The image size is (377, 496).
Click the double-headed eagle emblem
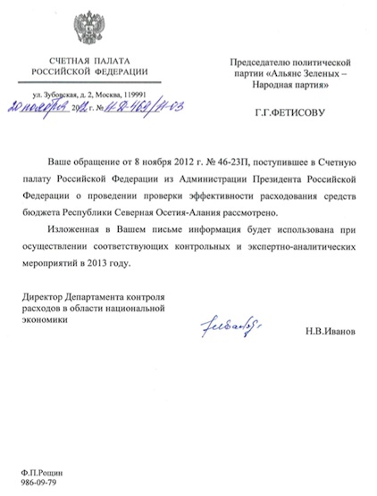click(88, 29)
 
